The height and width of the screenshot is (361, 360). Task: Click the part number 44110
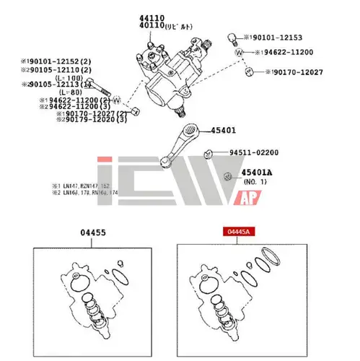point(152,17)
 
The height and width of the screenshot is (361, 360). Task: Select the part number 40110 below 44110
point(152,25)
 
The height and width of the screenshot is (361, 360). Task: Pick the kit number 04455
point(92,232)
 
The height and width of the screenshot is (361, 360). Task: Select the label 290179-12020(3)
point(94,118)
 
